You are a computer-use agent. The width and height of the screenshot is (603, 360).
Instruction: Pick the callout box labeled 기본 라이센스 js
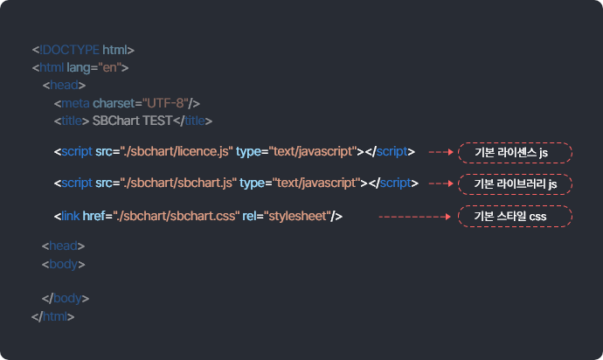[516, 153]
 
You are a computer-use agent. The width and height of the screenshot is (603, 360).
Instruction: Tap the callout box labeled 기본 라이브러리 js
[516, 184]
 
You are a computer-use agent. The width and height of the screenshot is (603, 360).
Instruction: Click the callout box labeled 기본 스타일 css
[516, 216]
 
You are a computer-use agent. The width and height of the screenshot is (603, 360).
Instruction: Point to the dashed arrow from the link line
[416, 216]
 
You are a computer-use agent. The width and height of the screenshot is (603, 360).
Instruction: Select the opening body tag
[63, 262]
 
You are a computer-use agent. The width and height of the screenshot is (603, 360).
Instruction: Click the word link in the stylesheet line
[69, 215]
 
